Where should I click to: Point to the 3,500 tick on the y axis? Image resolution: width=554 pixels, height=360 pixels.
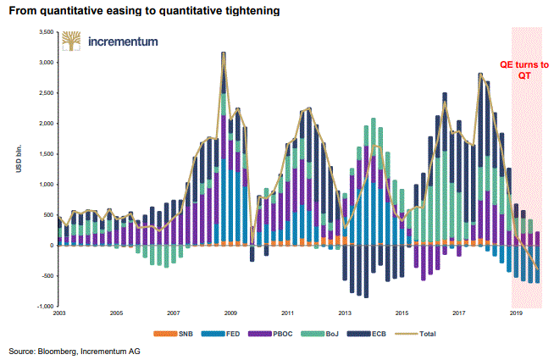(x=45, y=31)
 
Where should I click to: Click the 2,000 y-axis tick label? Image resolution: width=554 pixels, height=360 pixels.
(x=45, y=123)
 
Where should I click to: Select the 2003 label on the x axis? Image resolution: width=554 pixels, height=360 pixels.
(x=58, y=313)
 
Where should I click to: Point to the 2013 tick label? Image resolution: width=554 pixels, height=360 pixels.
(x=345, y=313)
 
